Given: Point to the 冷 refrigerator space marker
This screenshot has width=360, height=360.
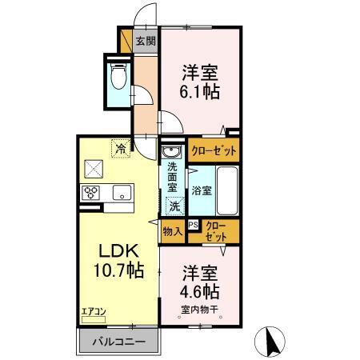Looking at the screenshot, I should pyautogui.click(x=121, y=148).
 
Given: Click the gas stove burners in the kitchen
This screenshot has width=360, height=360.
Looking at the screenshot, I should pyautogui.click(x=90, y=192).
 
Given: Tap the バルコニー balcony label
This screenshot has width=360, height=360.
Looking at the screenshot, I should pyautogui.click(x=117, y=342).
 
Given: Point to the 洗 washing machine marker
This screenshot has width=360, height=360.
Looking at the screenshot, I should pyautogui.click(x=174, y=206).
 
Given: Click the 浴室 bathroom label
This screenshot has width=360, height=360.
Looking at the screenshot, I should pyautogui.click(x=202, y=190).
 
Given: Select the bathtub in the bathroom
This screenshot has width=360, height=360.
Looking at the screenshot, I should pyautogui.click(x=227, y=191).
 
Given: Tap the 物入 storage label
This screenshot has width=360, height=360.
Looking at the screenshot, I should pyautogui.click(x=171, y=231).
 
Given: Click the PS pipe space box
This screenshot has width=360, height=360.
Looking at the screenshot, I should pyautogui.click(x=193, y=225).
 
